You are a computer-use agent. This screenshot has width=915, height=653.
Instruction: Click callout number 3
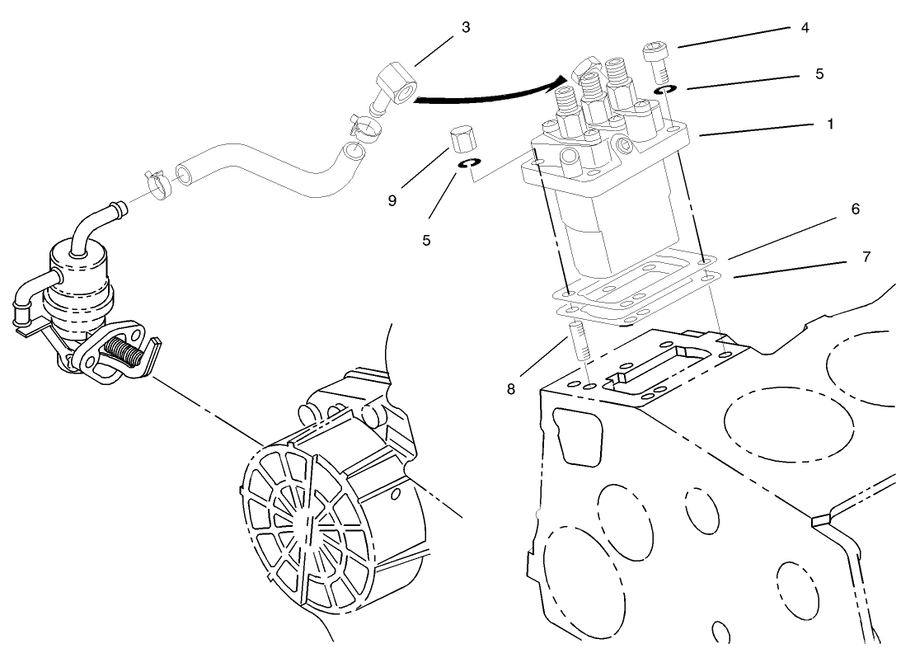coord(466,27)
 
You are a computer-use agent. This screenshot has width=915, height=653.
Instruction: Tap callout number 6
coord(855,209)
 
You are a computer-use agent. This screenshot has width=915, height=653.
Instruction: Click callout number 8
coord(511,388)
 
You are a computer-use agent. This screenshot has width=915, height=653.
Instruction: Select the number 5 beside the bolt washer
coord(819,73)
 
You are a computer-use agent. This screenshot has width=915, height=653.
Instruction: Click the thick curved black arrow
coord(486,96)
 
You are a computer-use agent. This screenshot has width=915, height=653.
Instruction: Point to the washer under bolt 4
coord(666,87)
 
